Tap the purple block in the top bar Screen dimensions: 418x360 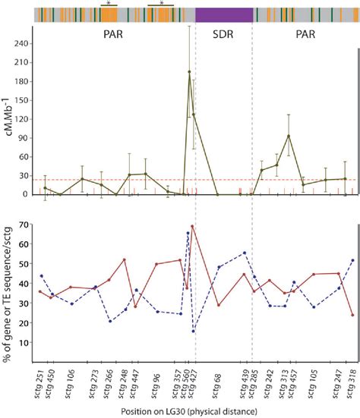[223, 14]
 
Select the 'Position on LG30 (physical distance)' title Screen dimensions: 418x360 [192, 410]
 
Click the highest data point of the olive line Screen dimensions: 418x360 [189, 72]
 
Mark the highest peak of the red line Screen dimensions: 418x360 [192, 226]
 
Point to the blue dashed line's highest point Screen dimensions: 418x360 [188, 233]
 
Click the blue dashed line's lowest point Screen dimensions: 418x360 [194, 331]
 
